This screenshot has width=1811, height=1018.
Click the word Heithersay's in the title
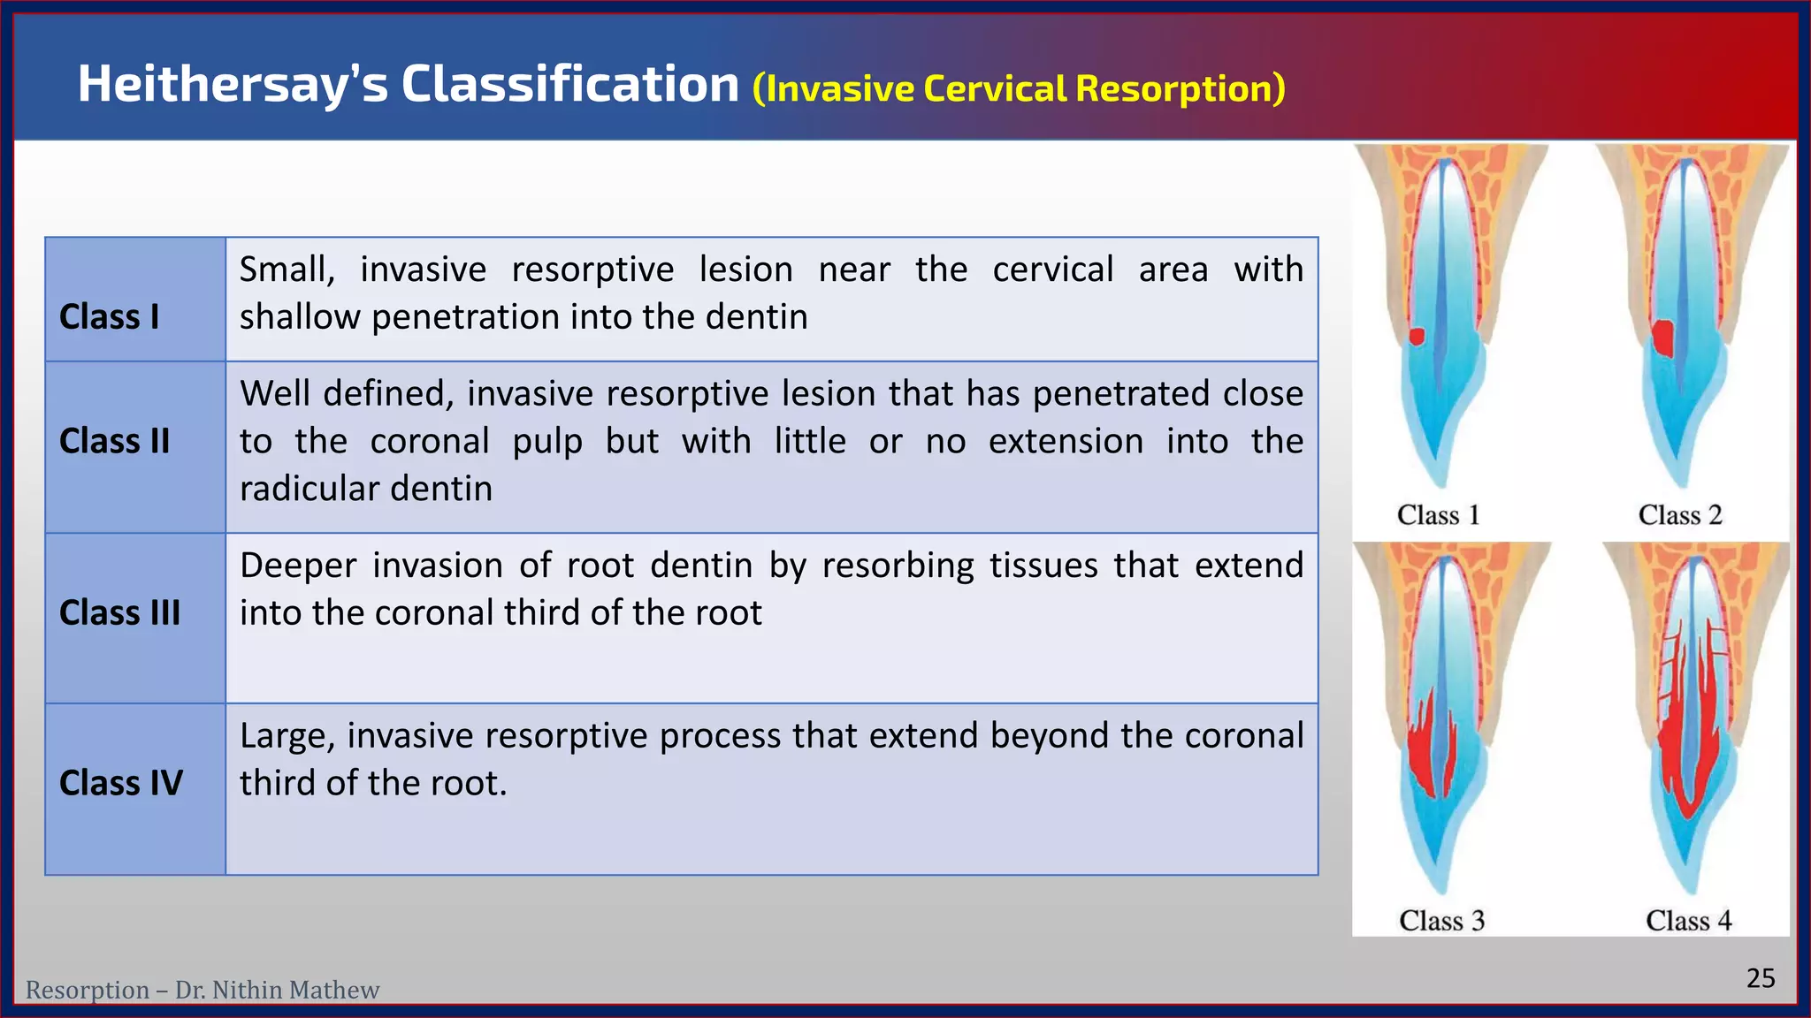coord(233,85)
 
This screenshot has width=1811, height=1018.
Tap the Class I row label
coord(109,316)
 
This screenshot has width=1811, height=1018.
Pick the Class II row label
coord(114,440)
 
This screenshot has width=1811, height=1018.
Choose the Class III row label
coord(119,612)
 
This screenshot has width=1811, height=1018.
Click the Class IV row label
coord(120,782)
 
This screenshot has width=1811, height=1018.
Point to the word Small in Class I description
coord(286,270)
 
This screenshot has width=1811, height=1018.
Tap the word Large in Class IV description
coord(286,735)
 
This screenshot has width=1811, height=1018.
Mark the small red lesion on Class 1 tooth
coord(1417,336)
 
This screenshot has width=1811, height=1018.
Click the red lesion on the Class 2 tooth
coord(1663,338)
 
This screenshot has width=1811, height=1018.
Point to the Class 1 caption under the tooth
coord(1438,514)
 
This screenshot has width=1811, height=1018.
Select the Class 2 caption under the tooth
coord(1679,514)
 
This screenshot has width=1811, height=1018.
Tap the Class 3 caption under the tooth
coord(1441,920)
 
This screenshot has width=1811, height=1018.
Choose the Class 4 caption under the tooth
coord(1688,920)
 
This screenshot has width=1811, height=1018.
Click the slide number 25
coord(1760,977)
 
